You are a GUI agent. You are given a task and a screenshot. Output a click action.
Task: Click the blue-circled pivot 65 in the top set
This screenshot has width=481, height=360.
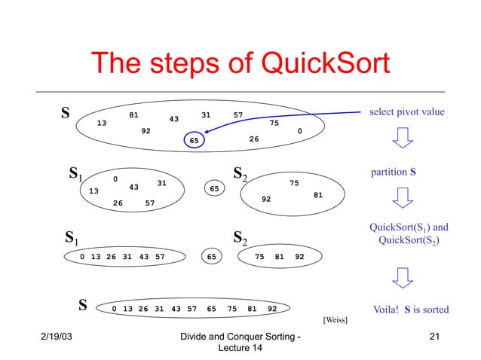tap(195, 140)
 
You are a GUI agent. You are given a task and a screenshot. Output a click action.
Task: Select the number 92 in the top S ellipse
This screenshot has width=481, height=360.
tap(146, 130)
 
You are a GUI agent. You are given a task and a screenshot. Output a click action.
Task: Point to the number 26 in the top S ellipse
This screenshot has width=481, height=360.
tap(254, 139)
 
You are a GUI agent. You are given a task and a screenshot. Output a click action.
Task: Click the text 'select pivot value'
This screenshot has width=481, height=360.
tap(407, 112)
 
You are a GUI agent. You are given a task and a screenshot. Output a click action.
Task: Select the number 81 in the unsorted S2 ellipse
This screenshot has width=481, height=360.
tap(318, 195)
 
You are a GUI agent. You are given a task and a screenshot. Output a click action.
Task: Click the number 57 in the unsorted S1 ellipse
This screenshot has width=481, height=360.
tap(150, 203)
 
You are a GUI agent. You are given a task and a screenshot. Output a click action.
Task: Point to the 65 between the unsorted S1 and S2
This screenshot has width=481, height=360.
tap(214, 188)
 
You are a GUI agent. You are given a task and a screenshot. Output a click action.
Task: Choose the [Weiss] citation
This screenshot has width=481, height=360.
tap(335, 319)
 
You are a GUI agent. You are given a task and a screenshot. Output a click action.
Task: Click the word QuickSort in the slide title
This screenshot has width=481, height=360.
tap(323, 66)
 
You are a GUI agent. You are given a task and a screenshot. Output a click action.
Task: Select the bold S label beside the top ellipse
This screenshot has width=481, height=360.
tap(66, 114)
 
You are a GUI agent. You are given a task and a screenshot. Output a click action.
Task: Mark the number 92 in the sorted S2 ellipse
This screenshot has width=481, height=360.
tap(299, 256)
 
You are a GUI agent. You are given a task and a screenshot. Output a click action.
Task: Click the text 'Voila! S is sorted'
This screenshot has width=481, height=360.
tap(412, 310)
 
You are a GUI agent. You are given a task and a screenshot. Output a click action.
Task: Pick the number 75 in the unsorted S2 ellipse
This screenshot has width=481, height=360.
tap(294, 182)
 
